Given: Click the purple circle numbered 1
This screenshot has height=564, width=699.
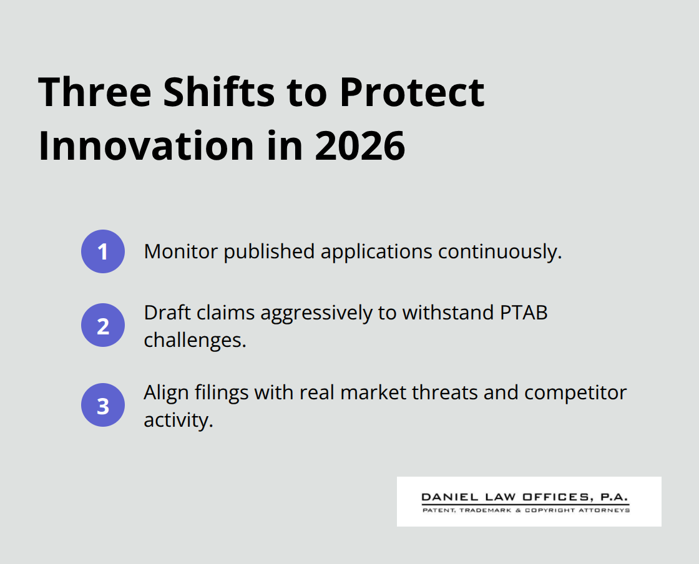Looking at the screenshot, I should tap(103, 251).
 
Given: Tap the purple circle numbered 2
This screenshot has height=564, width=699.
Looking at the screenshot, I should tap(103, 325).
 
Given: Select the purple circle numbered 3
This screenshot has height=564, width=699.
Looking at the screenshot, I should tap(103, 405).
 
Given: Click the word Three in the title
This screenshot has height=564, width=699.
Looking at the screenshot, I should tap(94, 92).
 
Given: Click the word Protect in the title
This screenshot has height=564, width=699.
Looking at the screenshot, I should tap(412, 92).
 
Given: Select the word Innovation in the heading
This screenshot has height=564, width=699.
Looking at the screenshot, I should tap(147, 146).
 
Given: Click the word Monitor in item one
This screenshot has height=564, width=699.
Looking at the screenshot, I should tap(181, 251).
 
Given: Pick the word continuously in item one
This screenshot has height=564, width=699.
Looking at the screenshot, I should tap(497, 251).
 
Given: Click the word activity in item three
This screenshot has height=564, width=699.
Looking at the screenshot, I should tap(177, 420).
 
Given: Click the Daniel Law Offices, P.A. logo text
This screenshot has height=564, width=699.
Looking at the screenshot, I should tap(525, 497).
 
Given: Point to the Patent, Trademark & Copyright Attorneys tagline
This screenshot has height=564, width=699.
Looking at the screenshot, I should tap(525, 510).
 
